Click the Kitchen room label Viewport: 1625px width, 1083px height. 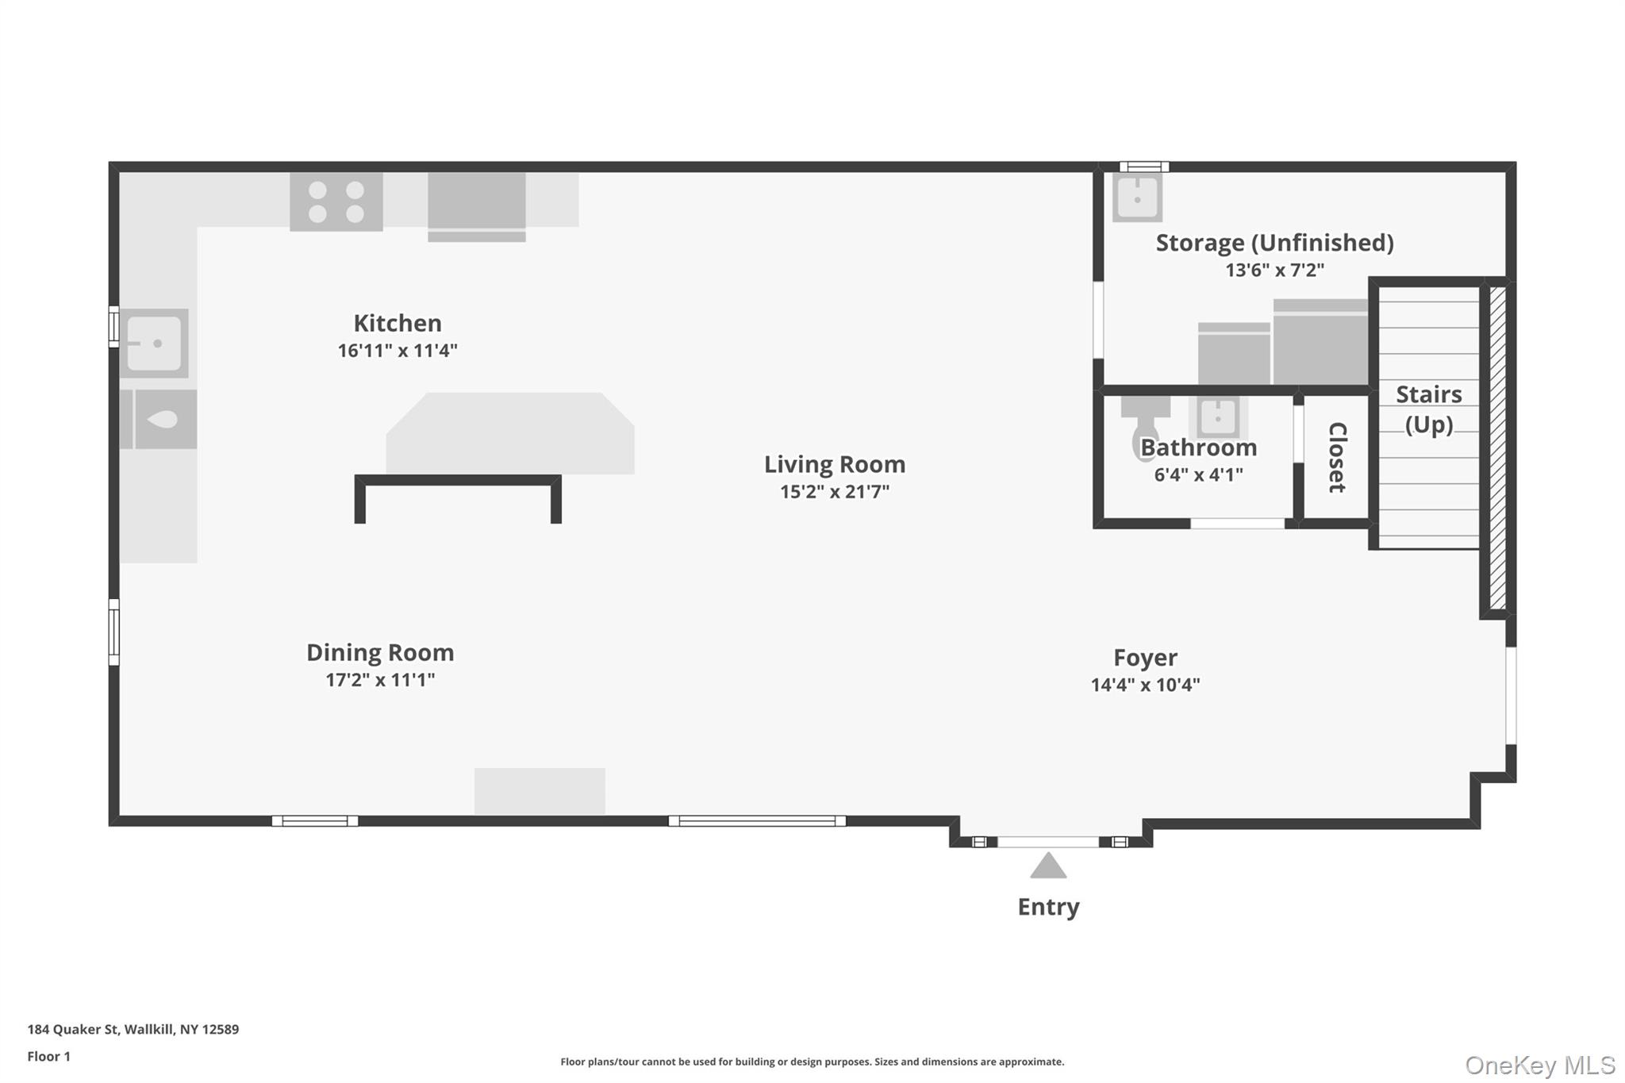[x=398, y=323]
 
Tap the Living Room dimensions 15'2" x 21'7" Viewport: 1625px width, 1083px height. [x=835, y=491]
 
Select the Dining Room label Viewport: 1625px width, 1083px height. [x=380, y=652]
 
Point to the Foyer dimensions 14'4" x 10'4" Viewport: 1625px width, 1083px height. [x=1145, y=684]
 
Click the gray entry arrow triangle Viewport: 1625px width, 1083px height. [x=1048, y=866]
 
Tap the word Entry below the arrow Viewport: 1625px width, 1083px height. [x=1048, y=907]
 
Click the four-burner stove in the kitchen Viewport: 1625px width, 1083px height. [x=336, y=202]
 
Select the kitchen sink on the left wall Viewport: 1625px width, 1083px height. [x=154, y=344]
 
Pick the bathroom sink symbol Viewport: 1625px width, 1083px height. [x=1217, y=417]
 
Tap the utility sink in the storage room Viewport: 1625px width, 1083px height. [x=1137, y=198]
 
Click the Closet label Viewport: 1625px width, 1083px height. [x=1337, y=457]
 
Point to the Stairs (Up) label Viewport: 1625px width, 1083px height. [x=1428, y=409]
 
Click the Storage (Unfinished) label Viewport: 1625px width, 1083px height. [x=1274, y=243]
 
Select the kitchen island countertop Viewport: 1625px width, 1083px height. [x=510, y=433]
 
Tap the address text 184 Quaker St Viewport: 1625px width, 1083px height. [x=73, y=1029]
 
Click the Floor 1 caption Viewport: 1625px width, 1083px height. [x=49, y=1056]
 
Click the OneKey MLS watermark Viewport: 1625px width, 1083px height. [x=1540, y=1065]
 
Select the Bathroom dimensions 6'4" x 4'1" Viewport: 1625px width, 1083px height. [x=1198, y=474]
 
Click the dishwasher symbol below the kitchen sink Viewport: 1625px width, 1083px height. [x=159, y=419]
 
